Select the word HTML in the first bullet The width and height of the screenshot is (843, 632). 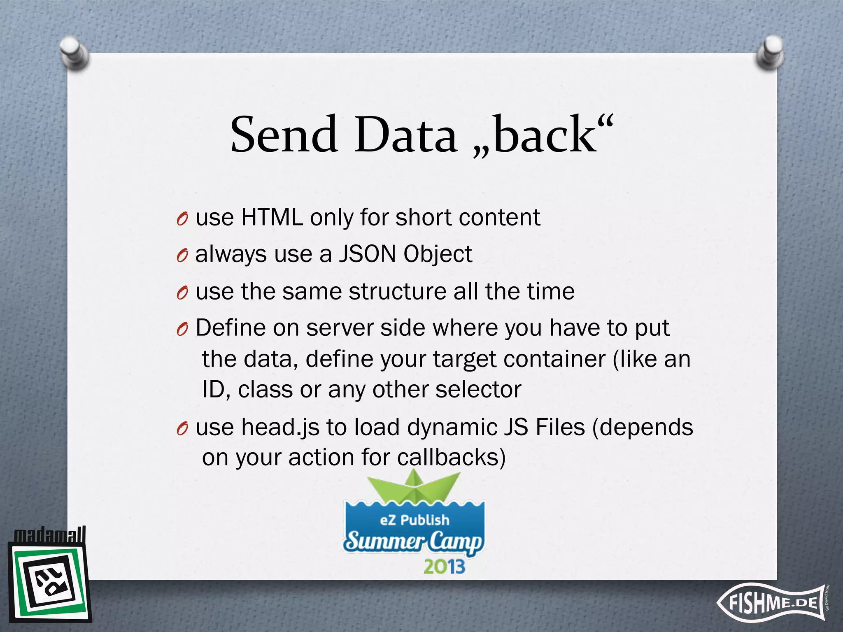(x=272, y=217)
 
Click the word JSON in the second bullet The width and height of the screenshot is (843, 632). (x=367, y=254)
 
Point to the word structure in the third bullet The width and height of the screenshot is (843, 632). (x=397, y=291)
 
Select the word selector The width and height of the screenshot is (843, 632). (x=478, y=389)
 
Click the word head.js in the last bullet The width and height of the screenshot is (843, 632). (x=280, y=427)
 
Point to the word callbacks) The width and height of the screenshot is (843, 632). (x=451, y=457)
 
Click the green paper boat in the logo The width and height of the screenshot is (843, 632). (x=414, y=488)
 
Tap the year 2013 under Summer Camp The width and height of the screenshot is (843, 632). (x=444, y=567)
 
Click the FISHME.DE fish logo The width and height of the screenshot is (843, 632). (x=772, y=603)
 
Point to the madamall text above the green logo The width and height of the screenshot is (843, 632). (x=49, y=535)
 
